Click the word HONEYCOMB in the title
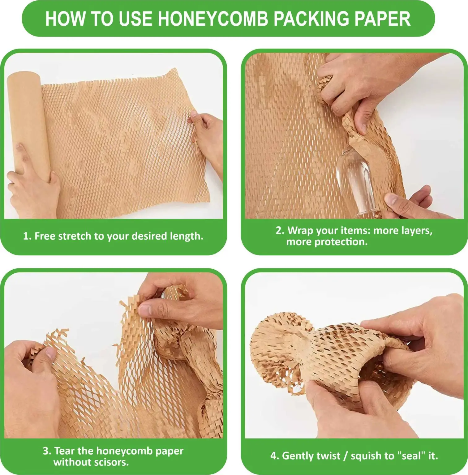pos(213,19)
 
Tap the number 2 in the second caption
pos(279,231)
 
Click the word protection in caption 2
pos(341,242)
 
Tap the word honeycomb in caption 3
pos(123,451)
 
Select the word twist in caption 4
pos(329,456)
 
